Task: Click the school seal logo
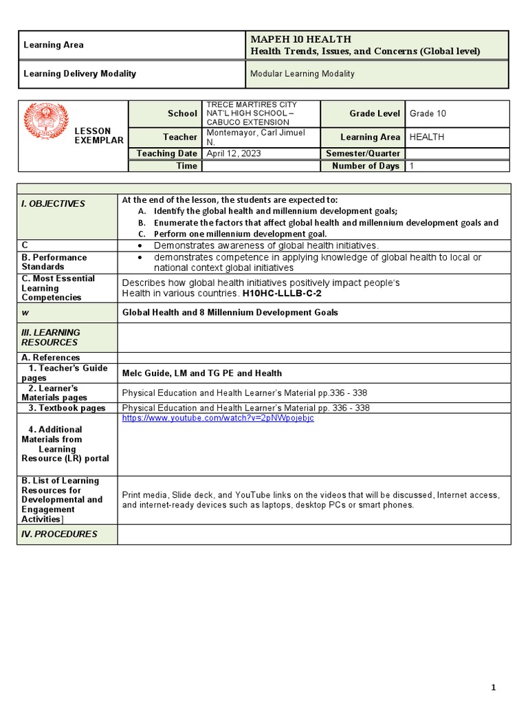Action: [46, 122]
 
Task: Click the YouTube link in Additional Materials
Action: [218, 419]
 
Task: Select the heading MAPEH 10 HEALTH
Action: [301, 39]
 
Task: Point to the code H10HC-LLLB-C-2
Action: [281, 293]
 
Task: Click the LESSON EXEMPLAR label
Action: [99, 135]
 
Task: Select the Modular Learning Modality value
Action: [302, 74]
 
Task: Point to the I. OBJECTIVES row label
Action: [54, 203]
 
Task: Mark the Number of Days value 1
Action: [412, 166]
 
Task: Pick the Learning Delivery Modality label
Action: [80, 74]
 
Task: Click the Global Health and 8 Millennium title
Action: [230, 312]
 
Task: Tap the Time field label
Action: [186, 166]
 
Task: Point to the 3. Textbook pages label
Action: [67, 408]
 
